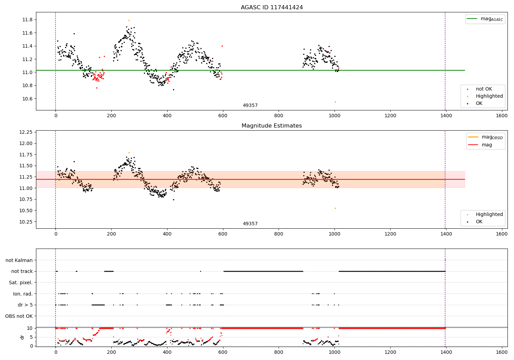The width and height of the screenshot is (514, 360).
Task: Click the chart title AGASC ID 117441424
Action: tap(272, 8)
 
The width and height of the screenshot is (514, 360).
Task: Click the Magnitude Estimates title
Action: tap(272, 126)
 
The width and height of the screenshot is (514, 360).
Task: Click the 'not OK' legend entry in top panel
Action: tap(484, 89)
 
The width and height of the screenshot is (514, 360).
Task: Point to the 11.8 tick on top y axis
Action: tap(27, 20)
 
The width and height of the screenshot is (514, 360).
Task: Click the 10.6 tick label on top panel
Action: tap(27, 99)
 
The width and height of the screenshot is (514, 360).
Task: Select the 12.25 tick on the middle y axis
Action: tap(26, 132)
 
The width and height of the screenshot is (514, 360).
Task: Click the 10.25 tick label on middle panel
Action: tap(26, 222)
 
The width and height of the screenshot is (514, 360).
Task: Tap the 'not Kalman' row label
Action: tap(19, 261)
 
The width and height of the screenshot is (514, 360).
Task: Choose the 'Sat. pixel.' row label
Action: tap(21, 283)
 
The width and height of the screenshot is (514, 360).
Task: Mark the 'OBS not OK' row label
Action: tap(19, 316)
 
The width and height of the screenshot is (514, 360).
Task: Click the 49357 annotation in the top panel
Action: tap(250, 106)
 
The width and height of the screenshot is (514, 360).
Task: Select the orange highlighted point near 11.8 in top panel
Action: tap(129, 20)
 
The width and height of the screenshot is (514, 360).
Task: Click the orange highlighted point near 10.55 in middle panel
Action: tap(335, 208)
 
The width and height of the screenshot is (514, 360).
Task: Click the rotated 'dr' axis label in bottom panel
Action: tap(22, 337)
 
